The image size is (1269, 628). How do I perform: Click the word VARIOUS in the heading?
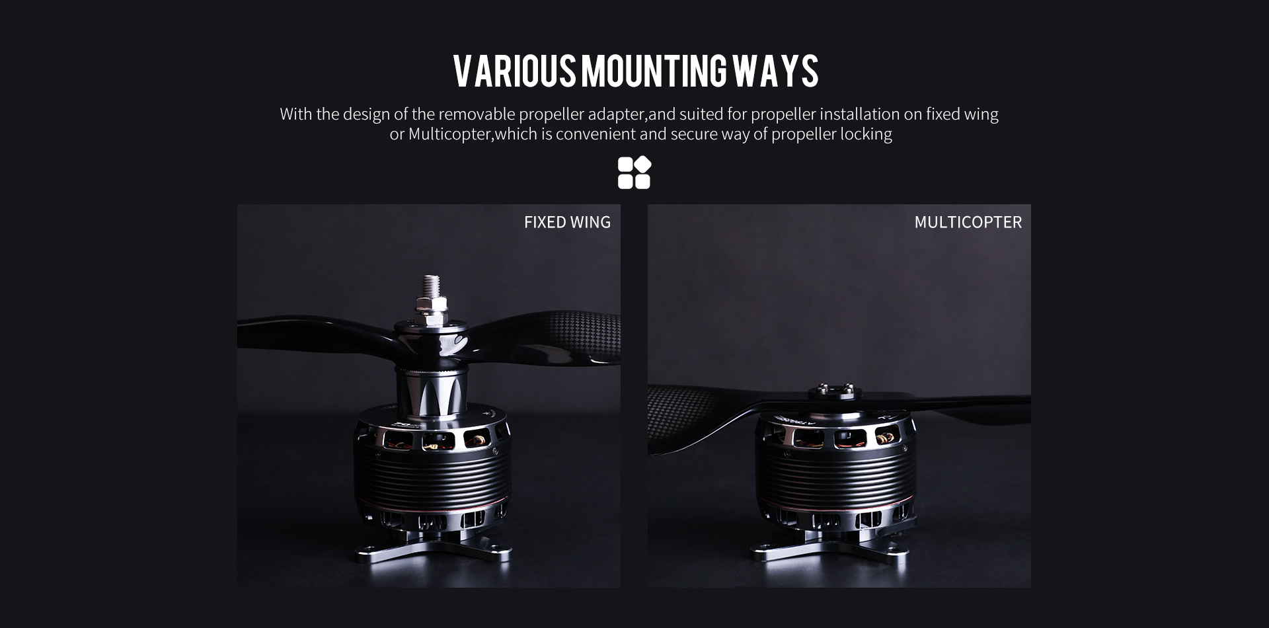click(515, 71)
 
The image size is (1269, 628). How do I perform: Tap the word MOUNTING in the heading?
click(654, 71)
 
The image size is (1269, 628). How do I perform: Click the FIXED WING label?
click(567, 222)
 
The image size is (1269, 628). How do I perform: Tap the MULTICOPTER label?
click(968, 222)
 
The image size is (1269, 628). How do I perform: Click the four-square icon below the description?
click(634, 173)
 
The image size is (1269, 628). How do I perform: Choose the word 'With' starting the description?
click(296, 114)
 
